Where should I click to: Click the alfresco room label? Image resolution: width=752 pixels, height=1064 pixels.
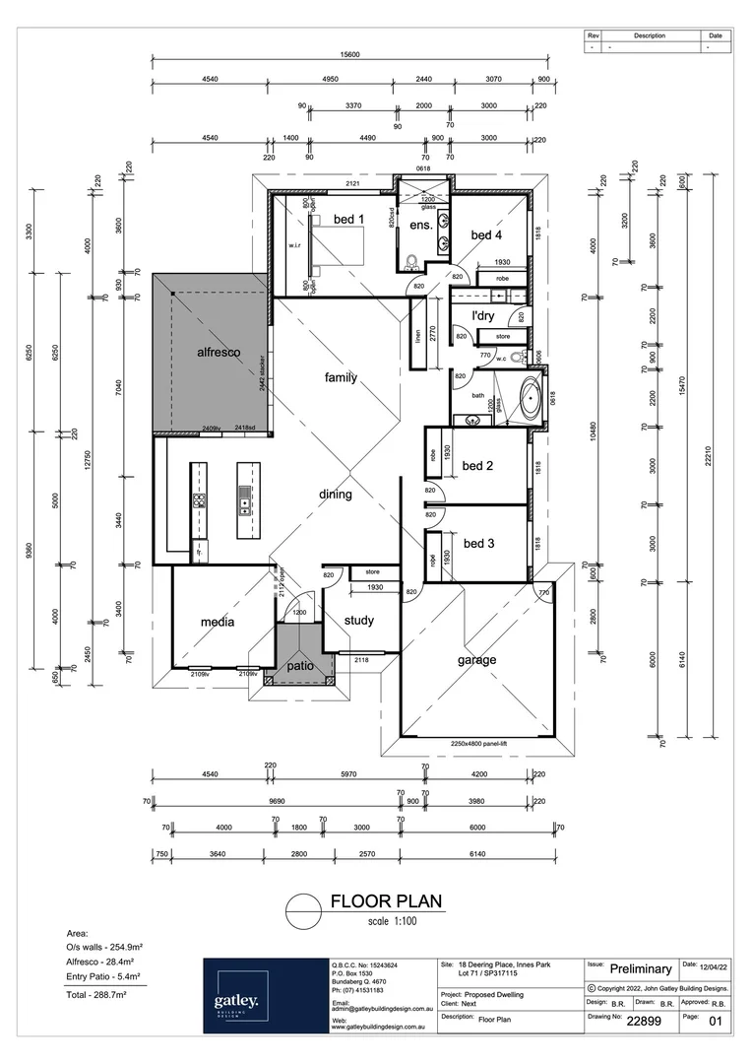tap(219, 352)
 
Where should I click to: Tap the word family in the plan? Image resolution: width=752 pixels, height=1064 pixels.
tap(341, 377)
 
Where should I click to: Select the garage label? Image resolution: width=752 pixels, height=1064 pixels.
tap(475, 660)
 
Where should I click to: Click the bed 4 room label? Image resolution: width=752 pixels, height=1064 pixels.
tap(486, 234)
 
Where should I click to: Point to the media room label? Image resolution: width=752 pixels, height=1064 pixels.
tap(218, 622)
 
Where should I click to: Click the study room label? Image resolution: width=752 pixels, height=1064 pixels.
tap(358, 620)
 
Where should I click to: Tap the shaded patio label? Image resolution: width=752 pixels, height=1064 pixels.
tap(300, 665)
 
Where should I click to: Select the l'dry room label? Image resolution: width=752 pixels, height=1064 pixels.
tap(483, 315)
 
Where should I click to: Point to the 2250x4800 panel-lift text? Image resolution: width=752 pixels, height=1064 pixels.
tap(479, 744)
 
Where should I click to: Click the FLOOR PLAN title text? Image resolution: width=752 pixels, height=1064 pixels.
tap(386, 900)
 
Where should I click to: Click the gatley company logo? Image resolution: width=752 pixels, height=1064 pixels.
tap(235, 1002)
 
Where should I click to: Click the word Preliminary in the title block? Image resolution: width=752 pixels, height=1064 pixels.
tap(641, 969)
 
